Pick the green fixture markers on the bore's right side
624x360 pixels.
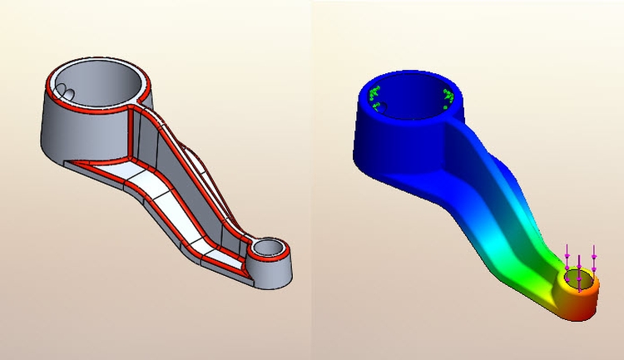(450, 97)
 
